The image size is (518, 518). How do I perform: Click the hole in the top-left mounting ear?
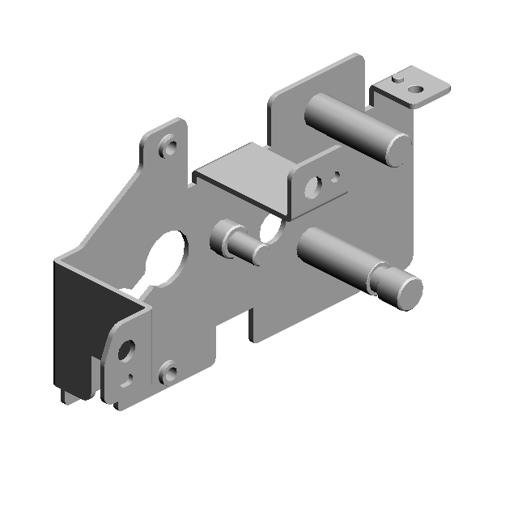click(x=169, y=148)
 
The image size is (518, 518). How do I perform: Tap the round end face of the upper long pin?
click(x=397, y=148)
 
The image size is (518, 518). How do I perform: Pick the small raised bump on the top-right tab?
click(x=397, y=79)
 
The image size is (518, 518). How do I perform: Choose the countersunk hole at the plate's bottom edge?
click(x=168, y=373)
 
